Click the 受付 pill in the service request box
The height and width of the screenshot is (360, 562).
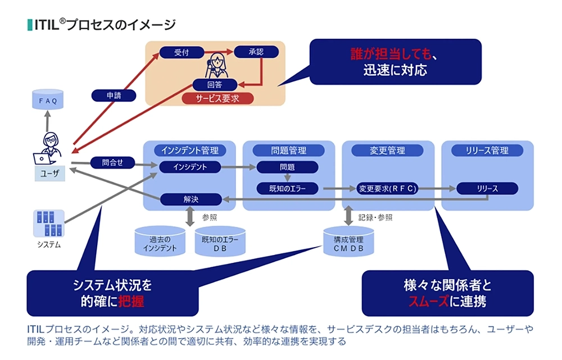pos(182,52)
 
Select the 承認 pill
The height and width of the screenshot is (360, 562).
pos(256,52)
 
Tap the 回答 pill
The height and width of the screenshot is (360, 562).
pos(215,85)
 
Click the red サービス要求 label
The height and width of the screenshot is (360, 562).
pos(217,98)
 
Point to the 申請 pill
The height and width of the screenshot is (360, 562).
pos(114,95)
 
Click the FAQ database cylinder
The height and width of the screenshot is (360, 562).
pos(48,99)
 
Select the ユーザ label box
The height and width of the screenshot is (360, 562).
pos(50,174)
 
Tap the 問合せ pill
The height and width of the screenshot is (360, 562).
pos(112,163)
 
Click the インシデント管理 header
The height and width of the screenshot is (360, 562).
pos(190,151)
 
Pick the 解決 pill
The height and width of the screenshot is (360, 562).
pos(191,199)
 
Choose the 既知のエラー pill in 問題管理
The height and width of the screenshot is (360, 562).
pos(287,188)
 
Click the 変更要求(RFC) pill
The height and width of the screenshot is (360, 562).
pos(388,188)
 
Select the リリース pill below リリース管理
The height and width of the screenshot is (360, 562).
pos(487,188)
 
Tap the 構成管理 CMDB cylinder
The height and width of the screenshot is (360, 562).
pos(348,242)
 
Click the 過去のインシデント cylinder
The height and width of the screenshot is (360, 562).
pos(160,241)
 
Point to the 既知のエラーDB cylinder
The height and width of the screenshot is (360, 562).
pos(220,241)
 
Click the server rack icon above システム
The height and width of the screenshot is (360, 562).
pos(49,224)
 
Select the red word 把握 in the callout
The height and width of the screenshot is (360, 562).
pos(131,301)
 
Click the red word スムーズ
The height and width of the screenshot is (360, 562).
pos(429,301)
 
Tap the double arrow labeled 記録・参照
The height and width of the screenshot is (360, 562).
pos(348,216)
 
